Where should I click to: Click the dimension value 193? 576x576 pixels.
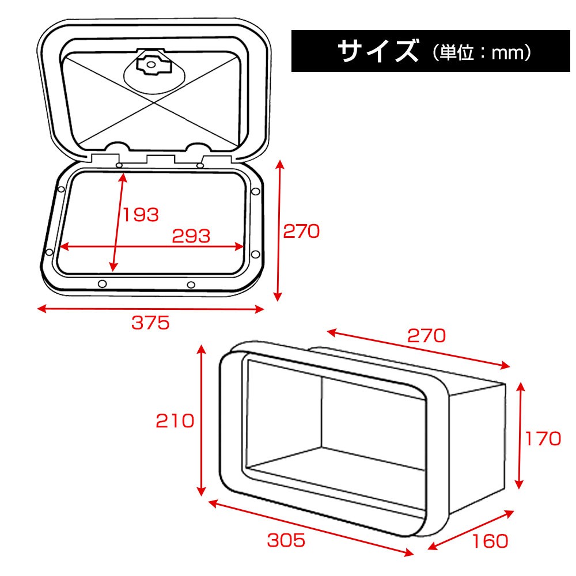tap(141, 215)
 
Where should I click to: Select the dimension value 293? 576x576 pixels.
tap(191, 236)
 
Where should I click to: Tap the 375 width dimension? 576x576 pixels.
tap(150, 323)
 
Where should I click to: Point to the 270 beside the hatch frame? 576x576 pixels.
tap(301, 232)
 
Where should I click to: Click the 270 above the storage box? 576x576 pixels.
tap(426, 335)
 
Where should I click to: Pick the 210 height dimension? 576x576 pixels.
tap(175, 421)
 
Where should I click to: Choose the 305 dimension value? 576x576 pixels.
tap(286, 540)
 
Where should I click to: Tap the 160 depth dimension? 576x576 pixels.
tap(490, 541)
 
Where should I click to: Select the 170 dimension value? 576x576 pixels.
tap(543, 438)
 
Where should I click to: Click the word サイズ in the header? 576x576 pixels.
tap(378, 51)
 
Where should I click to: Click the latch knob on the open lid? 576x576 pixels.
tap(150, 65)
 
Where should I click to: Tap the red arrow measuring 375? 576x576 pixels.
tap(150, 309)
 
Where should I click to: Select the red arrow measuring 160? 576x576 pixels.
tap(471, 530)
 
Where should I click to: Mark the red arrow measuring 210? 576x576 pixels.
tap(201, 420)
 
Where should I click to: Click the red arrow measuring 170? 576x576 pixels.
tap(520, 435)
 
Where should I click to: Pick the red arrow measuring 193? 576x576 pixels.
tap(118, 222)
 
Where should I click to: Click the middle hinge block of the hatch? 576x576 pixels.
tap(161, 159)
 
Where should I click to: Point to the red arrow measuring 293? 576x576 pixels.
tap(151, 247)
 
